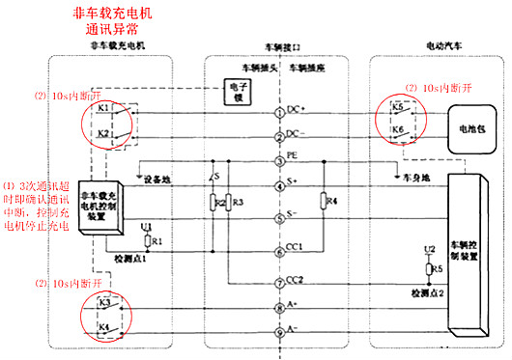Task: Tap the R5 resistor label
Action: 438,267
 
